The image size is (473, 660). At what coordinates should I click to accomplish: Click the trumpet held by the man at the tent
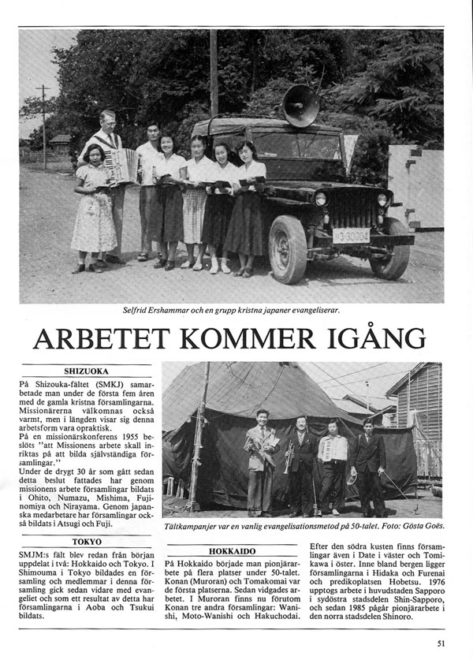(x=289, y=457)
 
